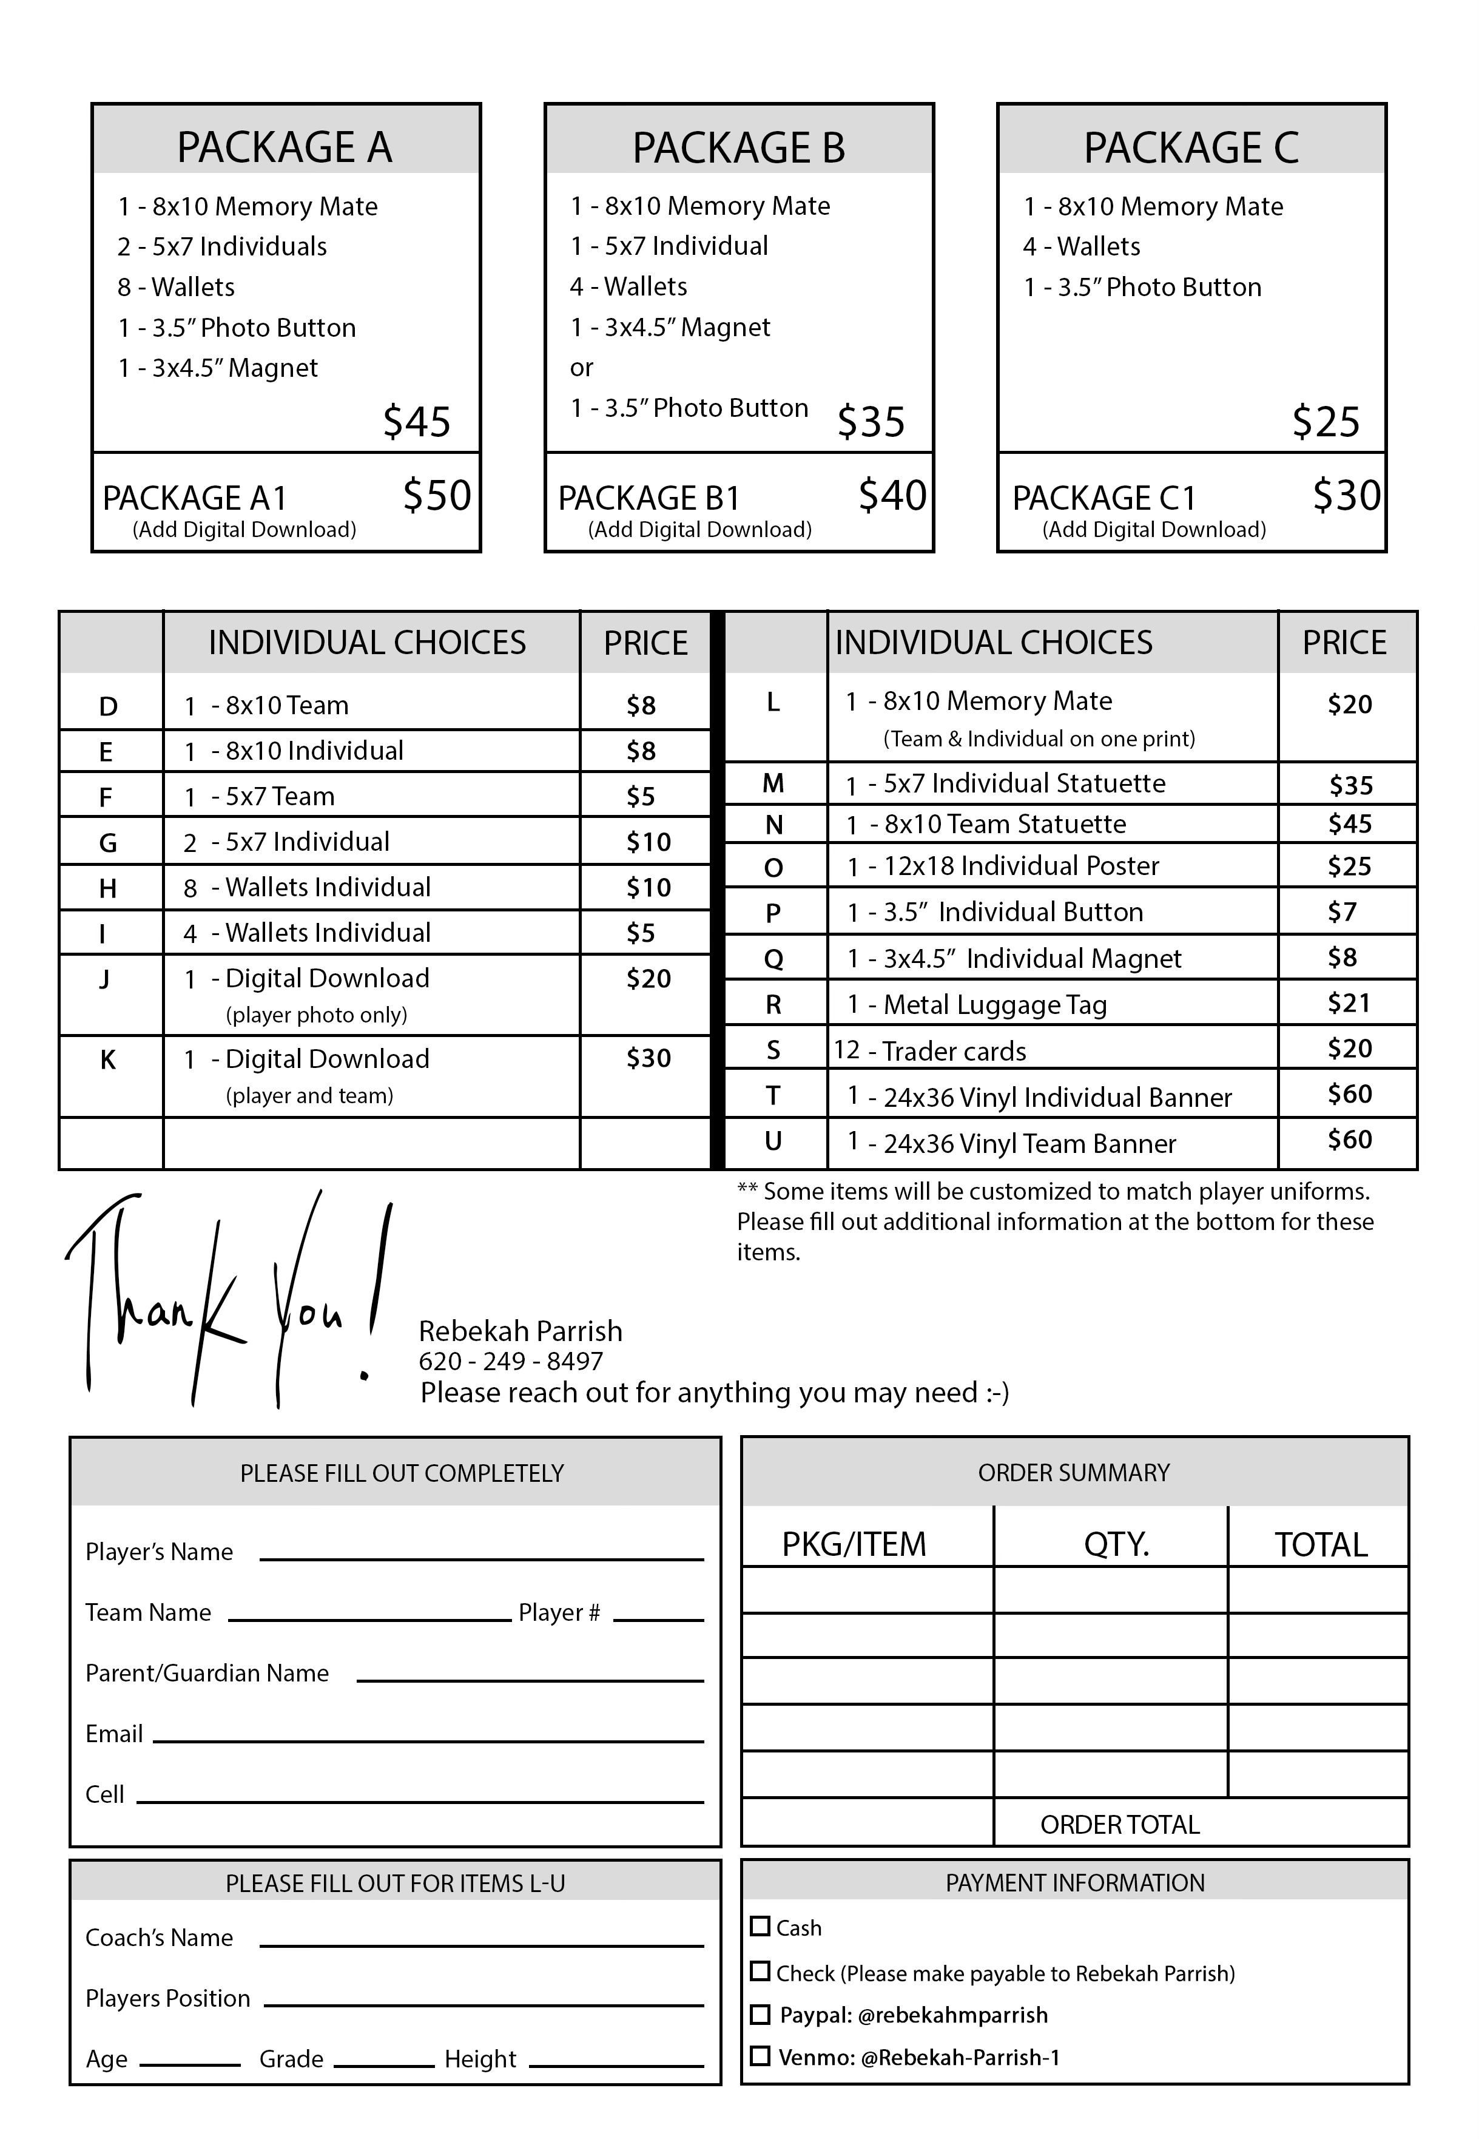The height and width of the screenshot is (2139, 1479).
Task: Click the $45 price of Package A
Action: click(x=416, y=422)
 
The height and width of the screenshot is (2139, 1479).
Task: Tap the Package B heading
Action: click(x=738, y=147)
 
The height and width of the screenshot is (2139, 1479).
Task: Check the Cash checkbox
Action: click(x=760, y=1926)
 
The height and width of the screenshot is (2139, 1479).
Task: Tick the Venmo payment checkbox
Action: click(x=760, y=2056)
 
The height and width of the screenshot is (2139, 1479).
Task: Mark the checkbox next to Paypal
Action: click(x=760, y=2014)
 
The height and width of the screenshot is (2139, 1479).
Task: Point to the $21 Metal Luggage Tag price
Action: click(x=1349, y=1003)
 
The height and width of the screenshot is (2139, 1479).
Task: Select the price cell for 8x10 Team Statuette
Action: click(x=1349, y=824)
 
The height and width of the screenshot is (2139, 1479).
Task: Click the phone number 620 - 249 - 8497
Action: click(x=511, y=1362)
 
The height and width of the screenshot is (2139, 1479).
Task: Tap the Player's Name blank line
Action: click(x=481, y=1558)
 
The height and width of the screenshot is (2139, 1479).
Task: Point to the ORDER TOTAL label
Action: click(x=1119, y=1825)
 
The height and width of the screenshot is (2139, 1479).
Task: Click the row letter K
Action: click(x=107, y=1059)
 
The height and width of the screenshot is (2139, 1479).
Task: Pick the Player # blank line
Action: click(x=658, y=1619)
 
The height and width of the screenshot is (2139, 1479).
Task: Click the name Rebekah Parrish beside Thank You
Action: click(x=520, y=1331)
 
